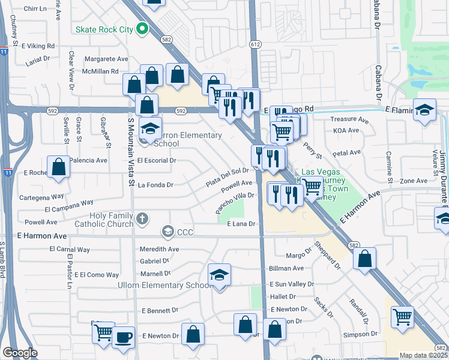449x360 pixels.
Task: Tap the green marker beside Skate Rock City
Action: pyautogui.click(x=142, y=28)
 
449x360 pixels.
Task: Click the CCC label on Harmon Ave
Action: pyautogui.click(x=185, y=232)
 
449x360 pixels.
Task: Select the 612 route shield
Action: pyautogui.click(x=255, y=44)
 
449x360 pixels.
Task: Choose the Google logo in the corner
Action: pyautogui.click(x=20, y=353)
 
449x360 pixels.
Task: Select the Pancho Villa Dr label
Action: pyautogui.click(x=236, y=203)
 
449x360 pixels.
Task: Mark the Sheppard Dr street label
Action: pyautogui.click(x=326, y=256)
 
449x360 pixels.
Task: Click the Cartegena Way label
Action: pyautogui.click(x=44, y=196)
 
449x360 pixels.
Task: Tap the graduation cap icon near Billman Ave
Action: pyautogui.click(x=220, y=275)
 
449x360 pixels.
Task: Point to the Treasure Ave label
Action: pyautogui.click(x=349, y=119)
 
